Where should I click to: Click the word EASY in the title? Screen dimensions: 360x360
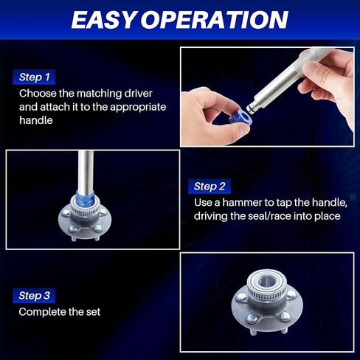103,20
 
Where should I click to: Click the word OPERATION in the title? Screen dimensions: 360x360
215,20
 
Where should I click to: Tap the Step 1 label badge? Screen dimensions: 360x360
34,77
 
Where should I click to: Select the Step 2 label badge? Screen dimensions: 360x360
210,186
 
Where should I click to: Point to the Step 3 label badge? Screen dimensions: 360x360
34,295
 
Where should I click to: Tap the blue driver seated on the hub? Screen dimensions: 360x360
85,198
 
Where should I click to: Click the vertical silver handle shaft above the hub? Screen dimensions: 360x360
86,170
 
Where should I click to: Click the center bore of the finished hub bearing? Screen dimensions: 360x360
266,280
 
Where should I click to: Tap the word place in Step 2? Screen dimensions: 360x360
328,217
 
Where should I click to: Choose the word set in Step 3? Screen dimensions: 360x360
93,312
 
